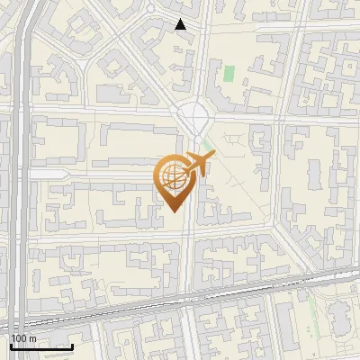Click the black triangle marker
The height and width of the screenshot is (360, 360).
(181, 24)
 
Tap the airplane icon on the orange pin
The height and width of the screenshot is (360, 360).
(200, 165)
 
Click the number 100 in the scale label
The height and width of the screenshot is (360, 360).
(20, 337)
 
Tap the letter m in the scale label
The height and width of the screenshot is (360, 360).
(32, 337)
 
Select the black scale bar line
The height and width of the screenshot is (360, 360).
(41, 346)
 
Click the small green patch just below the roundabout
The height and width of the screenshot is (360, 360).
(208, 143)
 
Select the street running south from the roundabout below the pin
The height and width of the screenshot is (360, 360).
(187, 261)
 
